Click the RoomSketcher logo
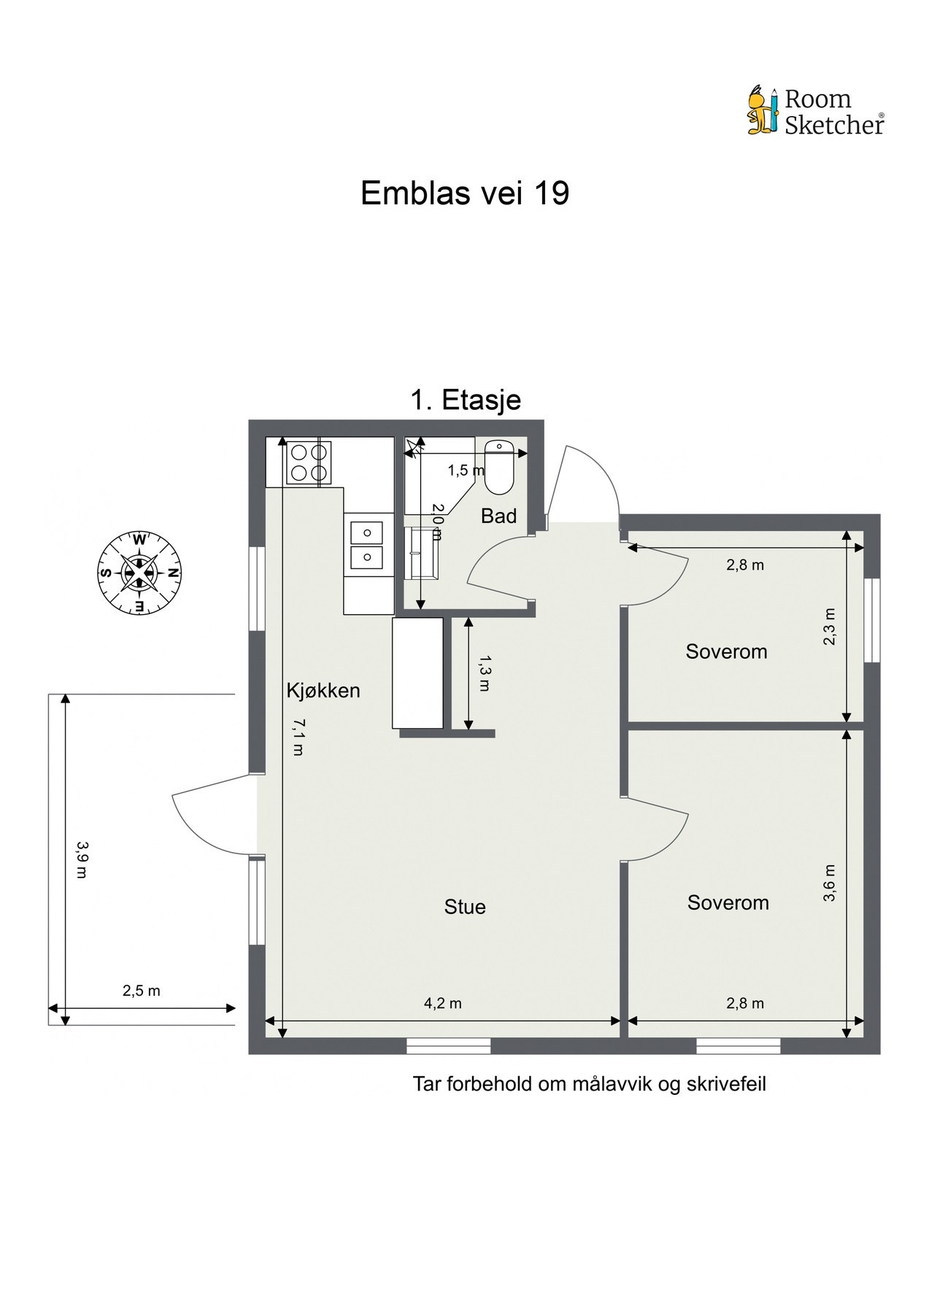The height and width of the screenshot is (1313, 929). [x=814, y=112]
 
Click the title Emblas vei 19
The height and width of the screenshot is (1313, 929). [x=464, y=194]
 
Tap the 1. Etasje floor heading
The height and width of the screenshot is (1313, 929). [x=466, y=400]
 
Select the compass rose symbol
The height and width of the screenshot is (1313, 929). [x=139, y=573]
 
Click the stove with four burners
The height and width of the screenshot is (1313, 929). [x=307, y=462]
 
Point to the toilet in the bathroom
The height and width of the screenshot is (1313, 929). [x=500, y=467]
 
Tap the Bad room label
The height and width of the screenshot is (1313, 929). [x=498, y=516]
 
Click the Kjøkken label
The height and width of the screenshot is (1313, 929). [x=323, y=690]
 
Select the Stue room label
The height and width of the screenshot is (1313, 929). [x=465, y=907]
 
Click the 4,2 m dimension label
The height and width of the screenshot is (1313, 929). [x=443, y=1003]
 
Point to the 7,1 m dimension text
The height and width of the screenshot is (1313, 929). [x=297, y=737]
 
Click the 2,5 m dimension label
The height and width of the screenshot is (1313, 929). [x=142, y=991]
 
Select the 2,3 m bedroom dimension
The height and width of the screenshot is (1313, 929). [x=829, y=627]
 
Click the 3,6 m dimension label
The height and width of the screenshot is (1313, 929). [x=829, y=883]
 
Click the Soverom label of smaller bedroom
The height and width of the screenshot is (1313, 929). [x=726, y=651]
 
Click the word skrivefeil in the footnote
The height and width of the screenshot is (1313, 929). [x=726, y=1084]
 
